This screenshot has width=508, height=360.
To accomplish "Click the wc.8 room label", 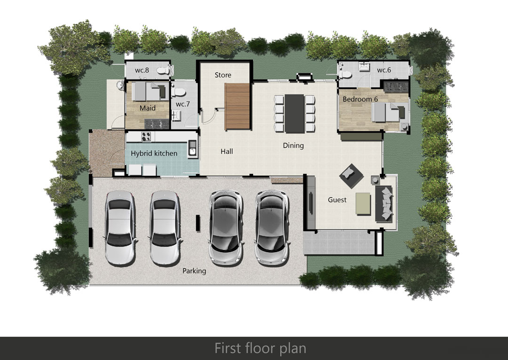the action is [x=142, y=70].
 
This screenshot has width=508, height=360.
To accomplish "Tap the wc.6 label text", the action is [x=384, y=70].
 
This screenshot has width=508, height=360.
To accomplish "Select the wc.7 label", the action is [x=183, y=104].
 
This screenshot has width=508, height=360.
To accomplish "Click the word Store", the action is [x=223, y=75].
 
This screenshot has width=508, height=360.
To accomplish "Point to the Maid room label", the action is [x=147, y=108].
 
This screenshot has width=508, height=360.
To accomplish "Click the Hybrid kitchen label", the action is [x=154, y=153].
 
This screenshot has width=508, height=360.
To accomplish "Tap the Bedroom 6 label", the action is [x=360, y=99].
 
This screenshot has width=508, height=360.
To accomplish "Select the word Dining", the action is [x=293, y=145].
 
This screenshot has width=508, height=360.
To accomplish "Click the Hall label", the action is [x=227, y=152].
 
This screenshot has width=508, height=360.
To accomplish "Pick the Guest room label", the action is [x=337, y=200].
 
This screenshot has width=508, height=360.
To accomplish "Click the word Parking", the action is [x=194, y=271].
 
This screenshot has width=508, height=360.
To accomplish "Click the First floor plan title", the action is [x=260, y=348].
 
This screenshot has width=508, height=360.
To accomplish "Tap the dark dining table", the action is [x=294, y=114].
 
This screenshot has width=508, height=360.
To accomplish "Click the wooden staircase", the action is [x=238, y=106].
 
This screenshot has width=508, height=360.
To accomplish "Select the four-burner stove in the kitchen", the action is [x=146, y=136].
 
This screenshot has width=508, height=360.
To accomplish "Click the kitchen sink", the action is [x=192, y=149].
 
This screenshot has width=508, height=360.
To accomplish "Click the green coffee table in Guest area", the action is [x=363, y=203].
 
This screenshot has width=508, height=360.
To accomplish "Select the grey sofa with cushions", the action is [x=384, y=204].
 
